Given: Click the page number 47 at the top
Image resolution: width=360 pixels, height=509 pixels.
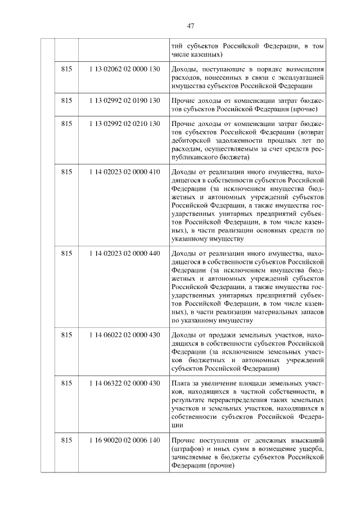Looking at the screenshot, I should (x=190, y=26).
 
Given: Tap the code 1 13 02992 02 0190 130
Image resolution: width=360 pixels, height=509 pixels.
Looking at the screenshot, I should (x=124, y=100).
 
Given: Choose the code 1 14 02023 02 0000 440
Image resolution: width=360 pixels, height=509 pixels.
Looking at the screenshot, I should (x=124, y=253).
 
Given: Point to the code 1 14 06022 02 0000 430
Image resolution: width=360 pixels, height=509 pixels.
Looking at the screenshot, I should (x=124, y=335).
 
